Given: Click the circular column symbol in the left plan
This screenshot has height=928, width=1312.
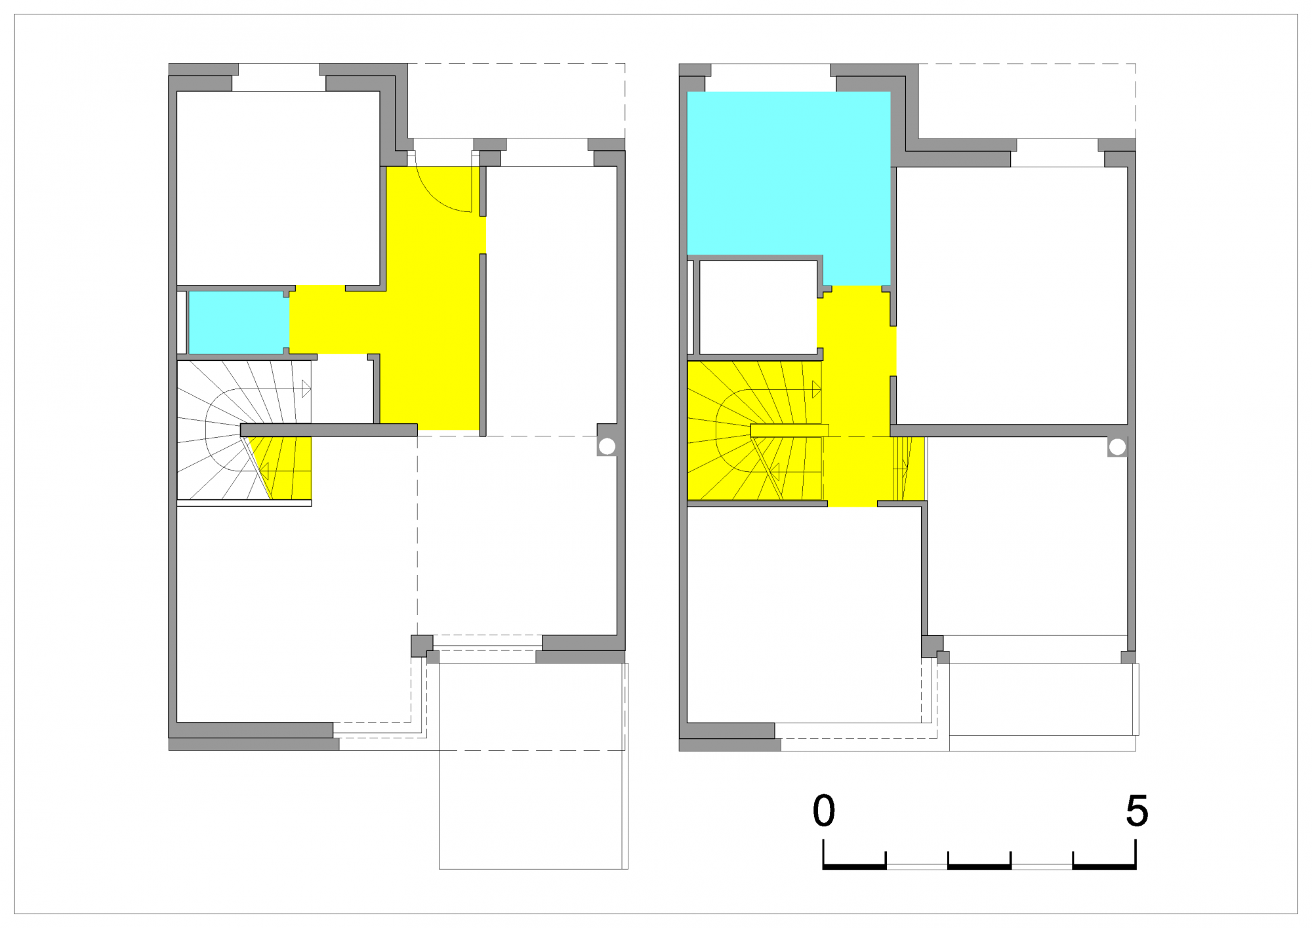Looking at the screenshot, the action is (x=607, y=446).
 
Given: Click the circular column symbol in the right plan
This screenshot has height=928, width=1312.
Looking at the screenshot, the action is (x=1117, y=447).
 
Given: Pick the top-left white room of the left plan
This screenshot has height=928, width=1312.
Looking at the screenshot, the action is (x=278, y=188).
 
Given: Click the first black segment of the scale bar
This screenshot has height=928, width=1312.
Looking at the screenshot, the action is (x=855, y=867).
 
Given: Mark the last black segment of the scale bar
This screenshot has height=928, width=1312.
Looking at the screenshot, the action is (x=1105, y=867).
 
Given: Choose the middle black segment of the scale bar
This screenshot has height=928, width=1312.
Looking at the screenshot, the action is (x=979, y=867).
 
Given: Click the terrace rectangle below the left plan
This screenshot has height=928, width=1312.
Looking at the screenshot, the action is (x=533, y=766).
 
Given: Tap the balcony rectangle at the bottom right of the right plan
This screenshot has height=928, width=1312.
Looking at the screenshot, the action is (x=1042, y=700).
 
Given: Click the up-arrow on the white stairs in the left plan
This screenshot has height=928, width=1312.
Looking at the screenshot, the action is (x=306, y=389).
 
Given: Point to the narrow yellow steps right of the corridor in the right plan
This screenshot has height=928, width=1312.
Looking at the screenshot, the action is (x=909, y=469).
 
